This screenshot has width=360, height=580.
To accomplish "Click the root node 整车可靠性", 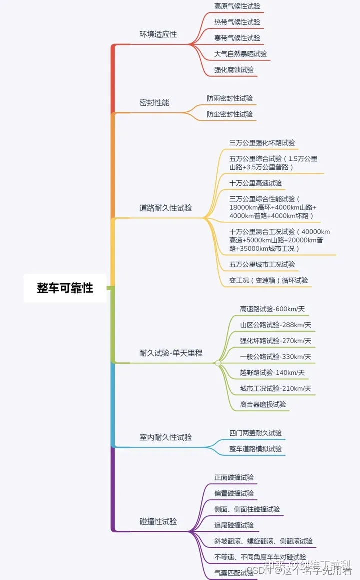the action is tap(65, 288).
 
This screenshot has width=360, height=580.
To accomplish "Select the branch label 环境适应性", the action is tap(158, 34).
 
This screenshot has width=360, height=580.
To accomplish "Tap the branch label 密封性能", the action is tap(154, 102).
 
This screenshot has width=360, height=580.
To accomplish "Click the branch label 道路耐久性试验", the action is tap(165, 208).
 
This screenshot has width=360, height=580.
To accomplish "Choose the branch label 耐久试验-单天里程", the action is tap(171, 353).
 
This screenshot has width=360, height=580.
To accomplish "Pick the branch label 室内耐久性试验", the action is tap(165, 437).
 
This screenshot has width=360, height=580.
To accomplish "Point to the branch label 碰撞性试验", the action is tap(158, 521).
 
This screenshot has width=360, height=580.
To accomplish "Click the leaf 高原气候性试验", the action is tap(237, 6).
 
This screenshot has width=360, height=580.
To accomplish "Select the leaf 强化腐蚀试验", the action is tap(234, 70).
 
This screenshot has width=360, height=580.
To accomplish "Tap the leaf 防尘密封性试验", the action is tap(230, 114).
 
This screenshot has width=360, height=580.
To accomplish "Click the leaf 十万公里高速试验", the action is tap(255, 183).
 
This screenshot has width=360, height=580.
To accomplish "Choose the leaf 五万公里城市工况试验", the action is tap(262, 264).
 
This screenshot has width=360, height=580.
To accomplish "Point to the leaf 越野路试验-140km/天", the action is tap(272, 372).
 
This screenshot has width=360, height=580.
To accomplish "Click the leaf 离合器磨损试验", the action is tap(263, 404).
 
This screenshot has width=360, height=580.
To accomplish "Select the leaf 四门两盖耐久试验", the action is tap(255, 433).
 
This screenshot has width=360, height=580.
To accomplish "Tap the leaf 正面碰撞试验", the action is tap(234, 477).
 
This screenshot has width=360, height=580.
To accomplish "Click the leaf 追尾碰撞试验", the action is tap(234, 525).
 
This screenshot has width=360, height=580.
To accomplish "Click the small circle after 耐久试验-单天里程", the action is tap(218, 363).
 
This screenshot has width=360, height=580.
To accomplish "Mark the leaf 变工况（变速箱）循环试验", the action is tap(268, 280).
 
